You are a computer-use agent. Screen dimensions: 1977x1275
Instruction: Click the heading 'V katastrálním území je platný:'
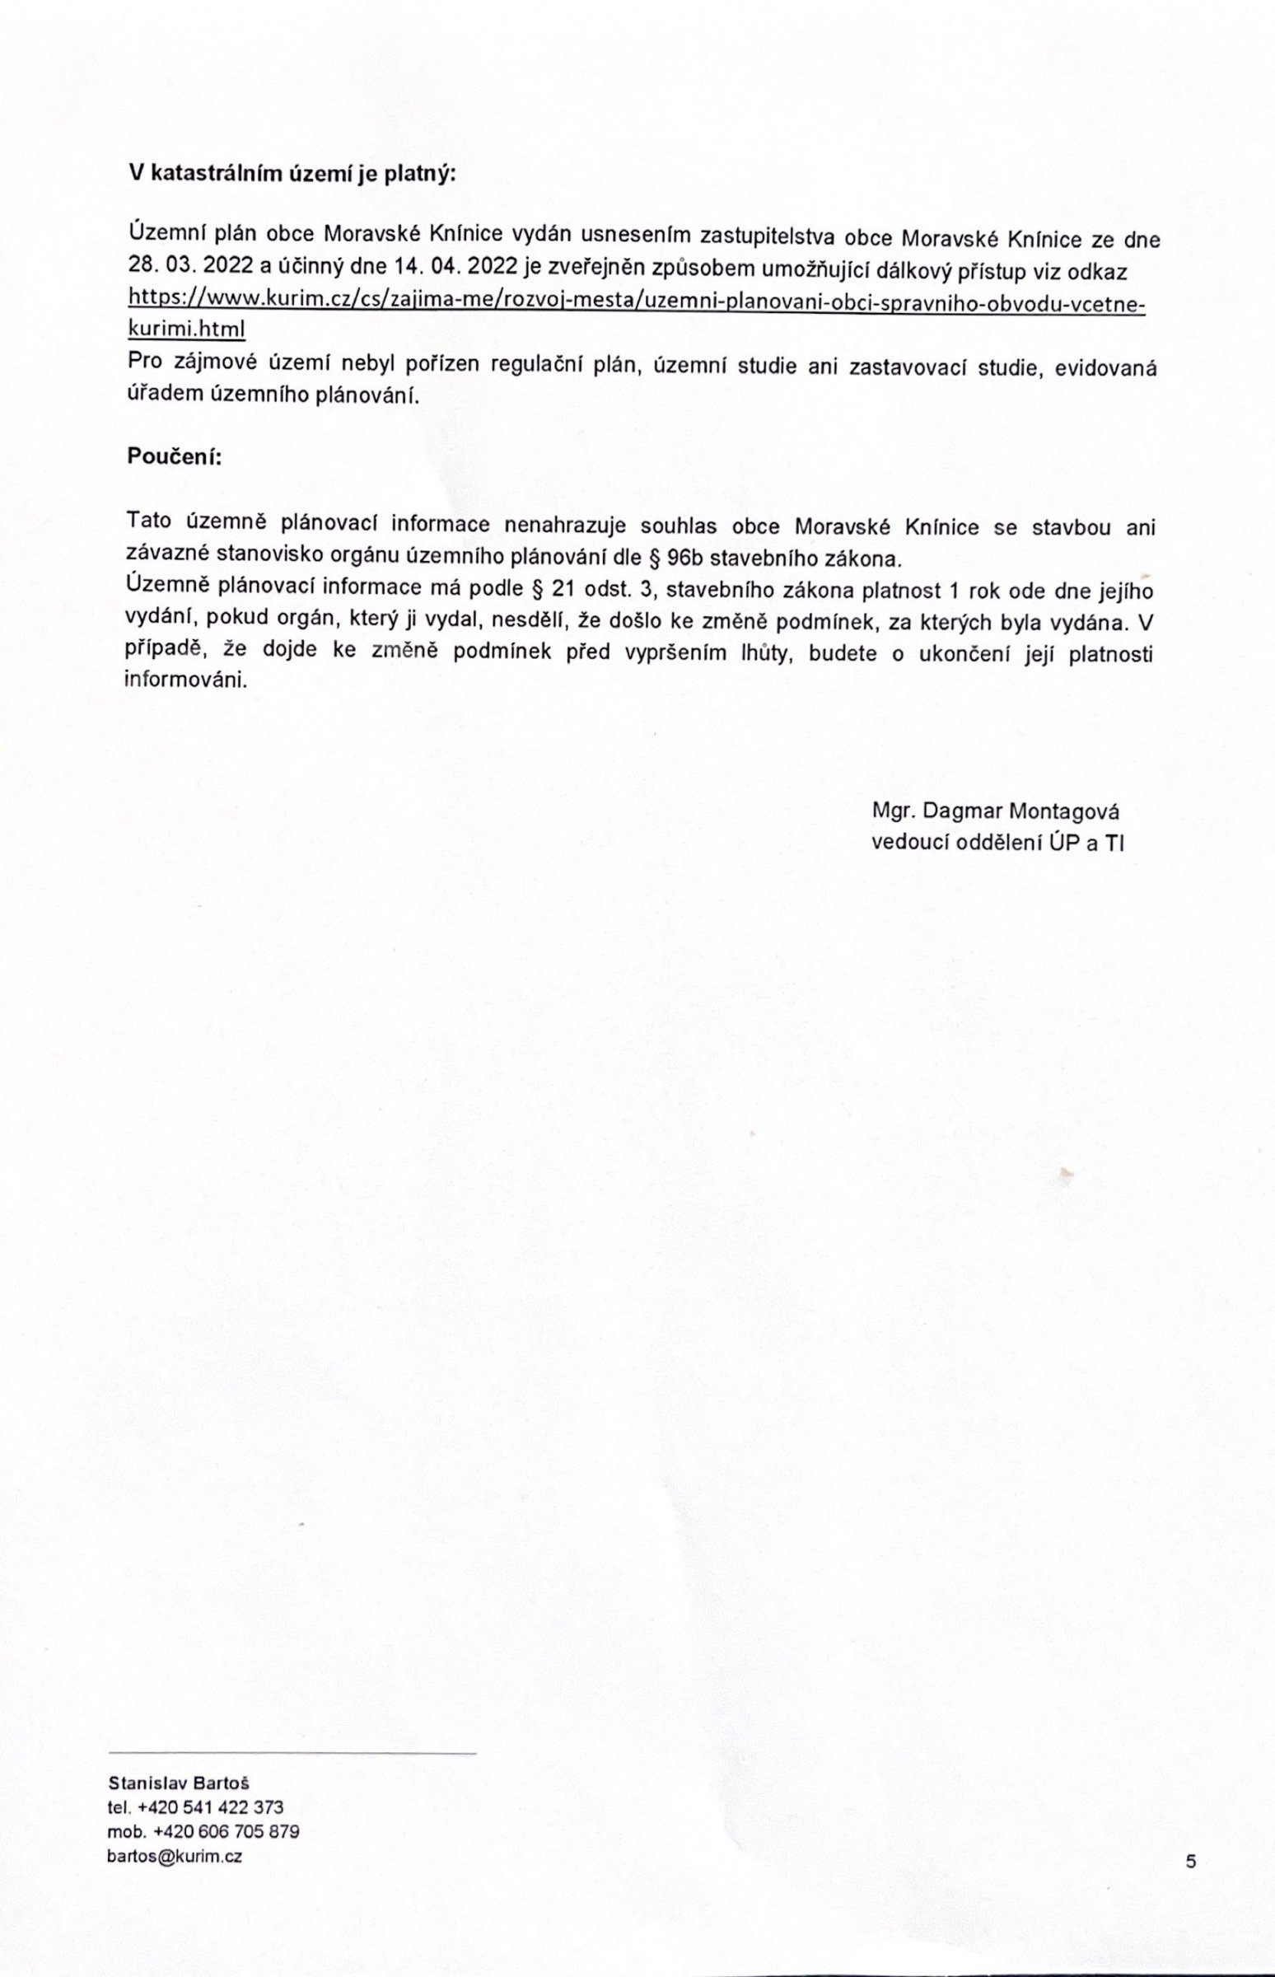tap(292, 175)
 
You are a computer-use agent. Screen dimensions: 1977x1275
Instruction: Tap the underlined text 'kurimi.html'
tap(185, 329)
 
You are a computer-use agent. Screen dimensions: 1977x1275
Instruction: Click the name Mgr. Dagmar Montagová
tap(995, 811)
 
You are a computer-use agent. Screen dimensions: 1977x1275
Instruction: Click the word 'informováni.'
tap(185, 681)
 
